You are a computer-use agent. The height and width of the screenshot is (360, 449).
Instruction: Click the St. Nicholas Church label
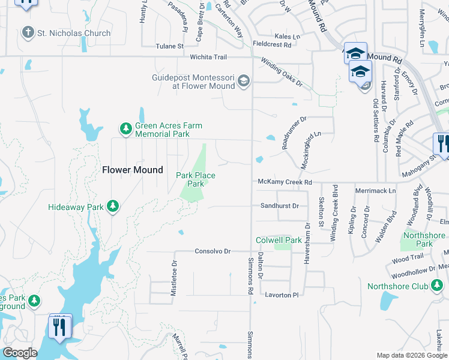pyautogui.click(x=74, y=34)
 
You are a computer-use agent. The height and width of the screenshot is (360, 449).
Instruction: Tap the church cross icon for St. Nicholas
pyautogui.click(x=28, y=32)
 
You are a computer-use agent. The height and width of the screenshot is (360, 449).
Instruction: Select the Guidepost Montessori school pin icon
pyautogui.click(x=243, y=80)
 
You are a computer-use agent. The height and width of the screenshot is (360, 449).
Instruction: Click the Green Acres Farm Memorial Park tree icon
pyautogui.click(x=125, y=128)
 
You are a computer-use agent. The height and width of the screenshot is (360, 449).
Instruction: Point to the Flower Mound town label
pyautogui.click(x=133, y=170)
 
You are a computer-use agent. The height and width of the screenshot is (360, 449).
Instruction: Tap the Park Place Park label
pyautogui.click(x=195, y=179)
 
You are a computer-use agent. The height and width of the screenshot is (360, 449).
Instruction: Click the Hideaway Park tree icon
pyautogui.click(x=112, y=206)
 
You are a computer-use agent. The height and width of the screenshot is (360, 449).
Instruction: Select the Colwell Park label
pyautogui.click(x=279, y=240)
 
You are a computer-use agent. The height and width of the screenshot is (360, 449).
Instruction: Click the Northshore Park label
pyautogui.click(x=424, y=239)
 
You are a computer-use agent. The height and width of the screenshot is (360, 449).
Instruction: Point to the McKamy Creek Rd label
pyautogui.click(x=285, y=182)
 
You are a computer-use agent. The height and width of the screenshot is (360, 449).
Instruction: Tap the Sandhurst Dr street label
pyautogui.click(x=280, y=206)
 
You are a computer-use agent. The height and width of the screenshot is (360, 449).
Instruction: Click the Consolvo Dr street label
pyautogui.click(x=212, y=251)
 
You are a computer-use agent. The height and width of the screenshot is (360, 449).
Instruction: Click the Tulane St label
pyautogui.click(x=169, y=46)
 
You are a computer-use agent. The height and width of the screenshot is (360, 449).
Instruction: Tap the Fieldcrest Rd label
pyautogui.click(x=272, y=44)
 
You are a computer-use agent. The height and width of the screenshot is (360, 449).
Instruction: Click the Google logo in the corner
pyautogui.click(x=20, y=353)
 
